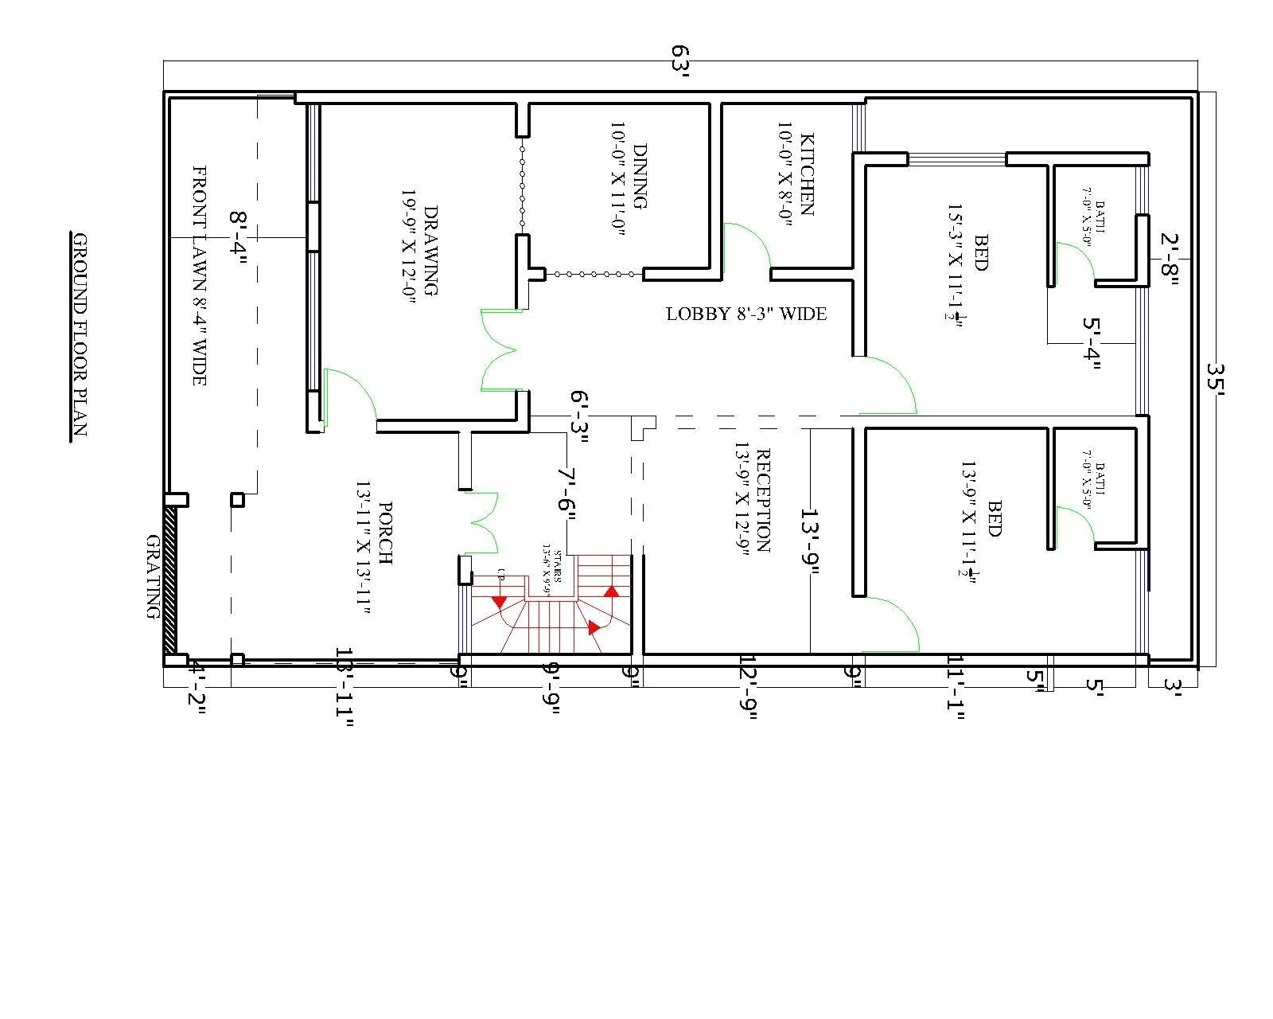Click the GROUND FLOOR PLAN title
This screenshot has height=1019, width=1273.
pyautogui.click(x=79, y=335)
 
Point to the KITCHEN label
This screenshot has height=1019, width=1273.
pyautogui.click(x=796, y=175)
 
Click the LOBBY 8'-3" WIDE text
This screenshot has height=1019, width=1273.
pyautogui.click(x=746, y=314)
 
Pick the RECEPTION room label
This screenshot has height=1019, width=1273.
pyautogui.click(x=752, y=502)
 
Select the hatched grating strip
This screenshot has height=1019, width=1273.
pyautogui.click(x=169, y=580)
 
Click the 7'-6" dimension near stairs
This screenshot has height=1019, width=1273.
pyautogui.click(x=566, y=494)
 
